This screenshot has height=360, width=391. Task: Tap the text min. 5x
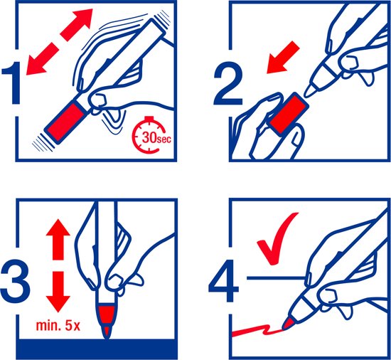58,328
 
